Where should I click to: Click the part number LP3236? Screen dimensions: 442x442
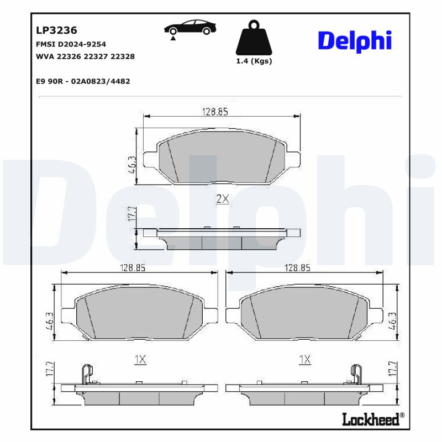[x=56, y=30]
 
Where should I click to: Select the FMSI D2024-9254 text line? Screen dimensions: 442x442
[x=71, y=44]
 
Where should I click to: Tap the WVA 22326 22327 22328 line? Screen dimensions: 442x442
[x=85, y=56]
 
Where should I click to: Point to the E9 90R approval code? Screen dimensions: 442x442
[x=82, y=81]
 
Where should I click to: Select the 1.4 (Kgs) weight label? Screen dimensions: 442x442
[x=254, y=61]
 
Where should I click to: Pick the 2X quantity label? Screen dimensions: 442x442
[x=222, y=199]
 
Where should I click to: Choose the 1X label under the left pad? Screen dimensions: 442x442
[x=140, y=360]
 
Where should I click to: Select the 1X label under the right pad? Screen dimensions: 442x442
[x=304, y=360]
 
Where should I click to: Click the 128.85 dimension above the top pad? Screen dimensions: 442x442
[x=215, y=112]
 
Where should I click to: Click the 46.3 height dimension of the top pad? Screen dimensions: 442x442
[x=132, y=164]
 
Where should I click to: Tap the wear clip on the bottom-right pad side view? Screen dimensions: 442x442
[x=357, y=375]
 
